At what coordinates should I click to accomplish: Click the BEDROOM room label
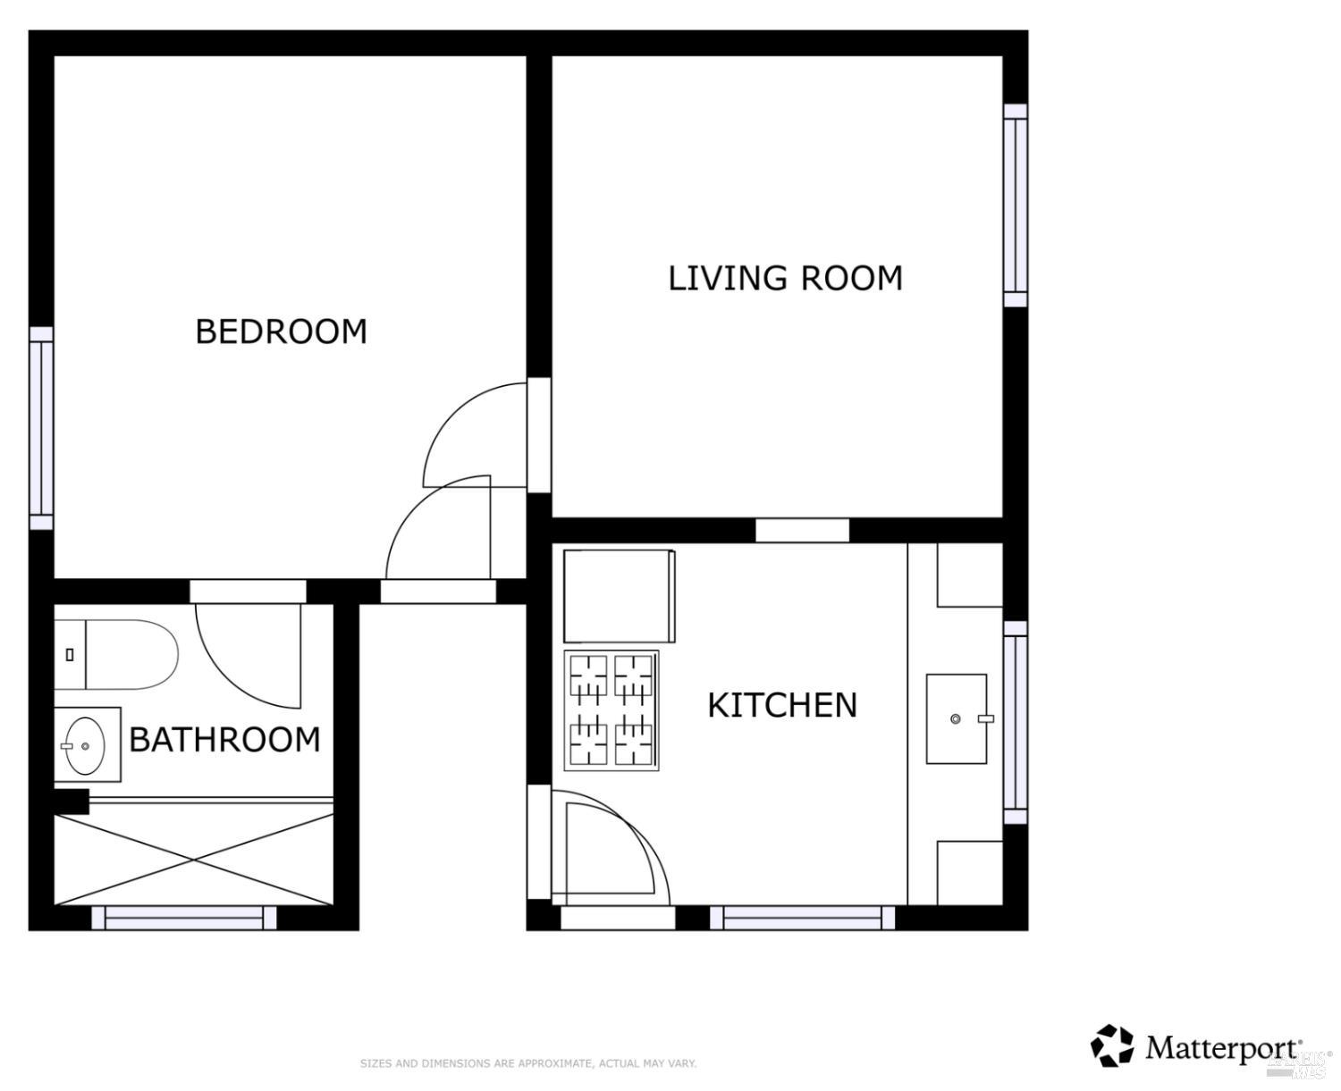click(x=281, y=331)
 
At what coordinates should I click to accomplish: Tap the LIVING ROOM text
click(x=785, y=278)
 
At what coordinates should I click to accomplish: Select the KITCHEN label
click(x=782, y=705)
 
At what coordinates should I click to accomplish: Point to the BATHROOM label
click(x=224, y=740)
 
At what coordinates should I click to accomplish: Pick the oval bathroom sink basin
click(x=85, y=745)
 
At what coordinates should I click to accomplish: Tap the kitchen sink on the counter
click(x=957, y=718)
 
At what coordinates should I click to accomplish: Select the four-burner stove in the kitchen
click(x=611, y=710)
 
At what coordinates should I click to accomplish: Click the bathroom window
click(x=184, y=918)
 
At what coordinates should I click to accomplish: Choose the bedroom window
click(x=41, y=427)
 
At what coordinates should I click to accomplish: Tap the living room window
click(x=1015, y=205)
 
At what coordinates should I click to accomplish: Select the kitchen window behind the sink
click(x=1015, y=722)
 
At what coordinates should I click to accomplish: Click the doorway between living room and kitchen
click(x=802, y=530)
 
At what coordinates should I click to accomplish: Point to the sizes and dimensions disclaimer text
click(x=527, y=1063)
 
